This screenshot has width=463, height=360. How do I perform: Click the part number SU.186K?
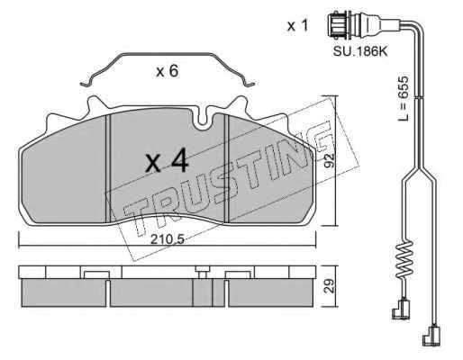[x=360, y=51]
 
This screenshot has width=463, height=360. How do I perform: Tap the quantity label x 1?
[x=297, y=26]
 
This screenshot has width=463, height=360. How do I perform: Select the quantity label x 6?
[x=168, y=71]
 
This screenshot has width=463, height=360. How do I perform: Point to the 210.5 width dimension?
[x=167, y=239]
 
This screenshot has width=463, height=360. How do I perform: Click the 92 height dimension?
[x=330, y=160]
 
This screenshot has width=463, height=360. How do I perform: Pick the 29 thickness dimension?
[x=330, y=286]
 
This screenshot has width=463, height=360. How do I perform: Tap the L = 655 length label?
[x=404, y=98]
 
